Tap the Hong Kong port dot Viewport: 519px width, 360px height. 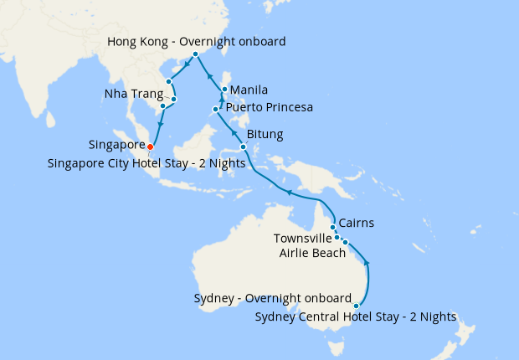(196, 54)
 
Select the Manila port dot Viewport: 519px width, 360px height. (224, 90)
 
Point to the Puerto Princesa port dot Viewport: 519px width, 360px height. (216, 109)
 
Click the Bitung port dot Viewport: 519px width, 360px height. (243, 147)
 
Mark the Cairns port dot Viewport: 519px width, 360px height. (333, 227)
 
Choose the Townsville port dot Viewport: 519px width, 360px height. (337, 237)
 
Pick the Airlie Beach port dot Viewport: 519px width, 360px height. (345, 243)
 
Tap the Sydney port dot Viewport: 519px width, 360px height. (357, 306)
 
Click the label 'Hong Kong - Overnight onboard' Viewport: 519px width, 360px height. (198, 41)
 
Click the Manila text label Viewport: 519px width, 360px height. (249, 90)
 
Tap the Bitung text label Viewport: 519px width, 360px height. (265, 134)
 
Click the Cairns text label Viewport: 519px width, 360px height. (357, 224)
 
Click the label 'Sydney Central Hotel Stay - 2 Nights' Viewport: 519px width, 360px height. (356, 317)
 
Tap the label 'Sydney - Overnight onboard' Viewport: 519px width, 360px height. (272, 298)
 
